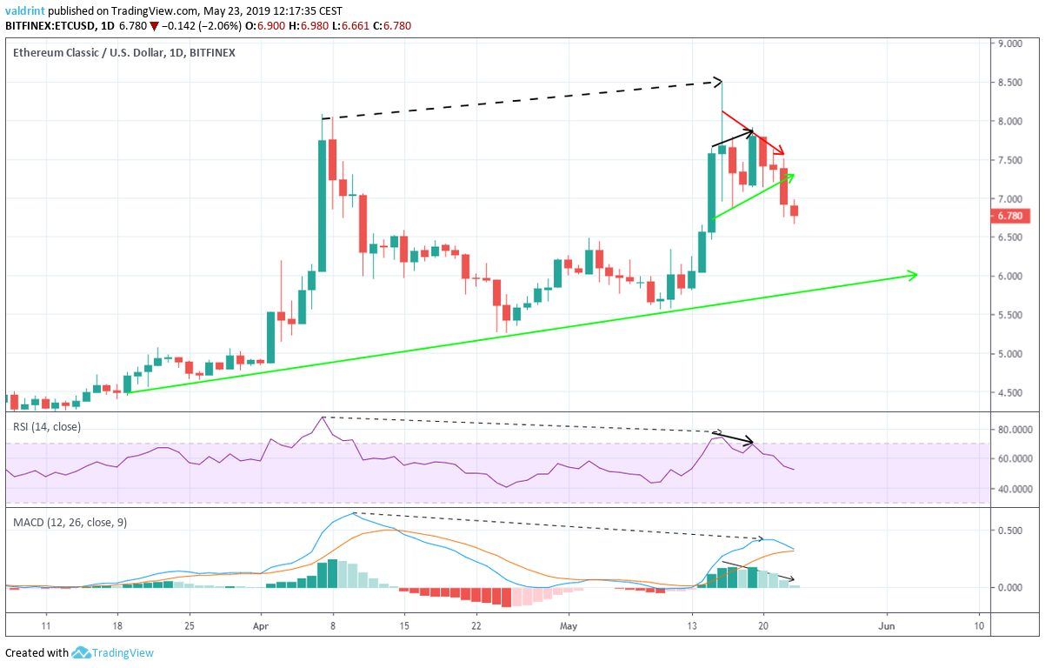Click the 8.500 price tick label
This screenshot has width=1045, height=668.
[1009, 83]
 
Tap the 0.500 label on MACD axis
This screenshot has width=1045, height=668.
[1009, 531]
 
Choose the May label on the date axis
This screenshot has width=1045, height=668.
[569, 625]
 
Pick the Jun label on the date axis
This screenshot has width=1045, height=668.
[886, 625]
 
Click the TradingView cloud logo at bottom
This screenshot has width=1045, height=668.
[82, 652]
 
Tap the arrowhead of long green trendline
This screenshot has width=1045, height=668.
[913, 275]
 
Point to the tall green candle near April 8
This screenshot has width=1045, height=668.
[322, 206]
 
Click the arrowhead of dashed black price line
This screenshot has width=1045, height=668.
[718, 82]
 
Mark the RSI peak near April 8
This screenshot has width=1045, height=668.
[323, 417]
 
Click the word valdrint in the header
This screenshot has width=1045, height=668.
[24, 11]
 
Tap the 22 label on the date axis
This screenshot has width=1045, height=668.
[476, 625]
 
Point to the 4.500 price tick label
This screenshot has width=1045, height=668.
[1009, 392]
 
